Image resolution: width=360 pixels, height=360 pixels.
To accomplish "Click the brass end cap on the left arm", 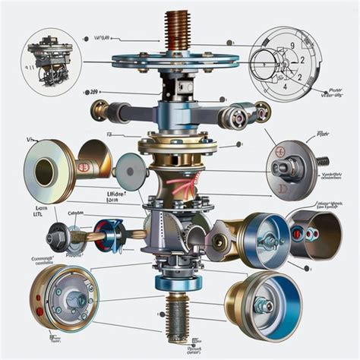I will pos(99,111).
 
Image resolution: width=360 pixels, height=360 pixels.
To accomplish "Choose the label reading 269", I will pos(94,92).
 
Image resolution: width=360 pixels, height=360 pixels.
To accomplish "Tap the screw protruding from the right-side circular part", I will pos(322,161).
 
